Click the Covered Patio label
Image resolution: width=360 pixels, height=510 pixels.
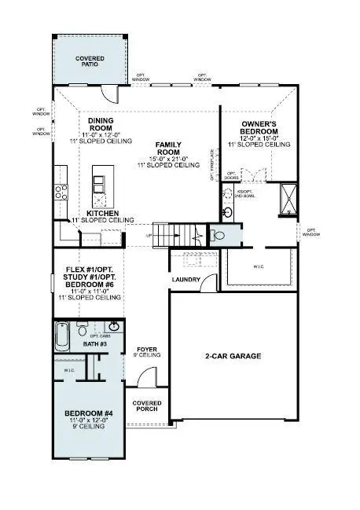[x=89, y=61]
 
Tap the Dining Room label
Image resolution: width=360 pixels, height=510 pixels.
[x=101, y=125]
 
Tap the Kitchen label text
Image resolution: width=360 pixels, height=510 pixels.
[x=102, y=213]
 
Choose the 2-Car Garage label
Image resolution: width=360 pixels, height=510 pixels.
[x=234, y=356]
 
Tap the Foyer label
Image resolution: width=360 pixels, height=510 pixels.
[x=149, y=350]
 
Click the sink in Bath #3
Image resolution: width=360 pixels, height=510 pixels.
[x=114, y=326]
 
